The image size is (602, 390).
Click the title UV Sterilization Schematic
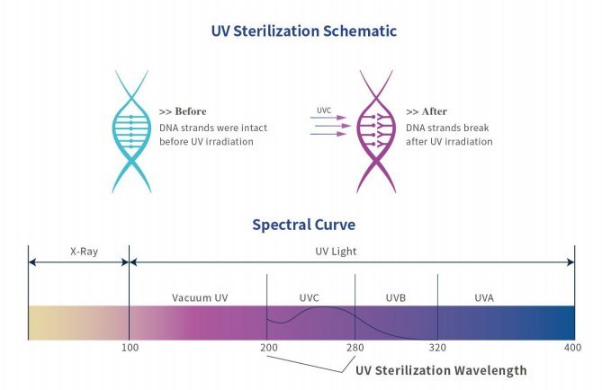click(x=302, y=31)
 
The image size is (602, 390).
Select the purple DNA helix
click(x=377, y=130)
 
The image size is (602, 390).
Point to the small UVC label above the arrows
click(x=324, y=111)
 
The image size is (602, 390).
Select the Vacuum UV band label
click(x=199, y=297)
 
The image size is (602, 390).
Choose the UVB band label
click(x=397, y=297)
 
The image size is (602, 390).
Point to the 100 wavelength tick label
click(x=129, y=348)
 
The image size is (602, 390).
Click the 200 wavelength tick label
click(x=267, y=348)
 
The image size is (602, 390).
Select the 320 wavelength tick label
click(x=437, y=348)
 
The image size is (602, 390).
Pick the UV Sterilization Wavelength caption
click(x=441, y=370)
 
